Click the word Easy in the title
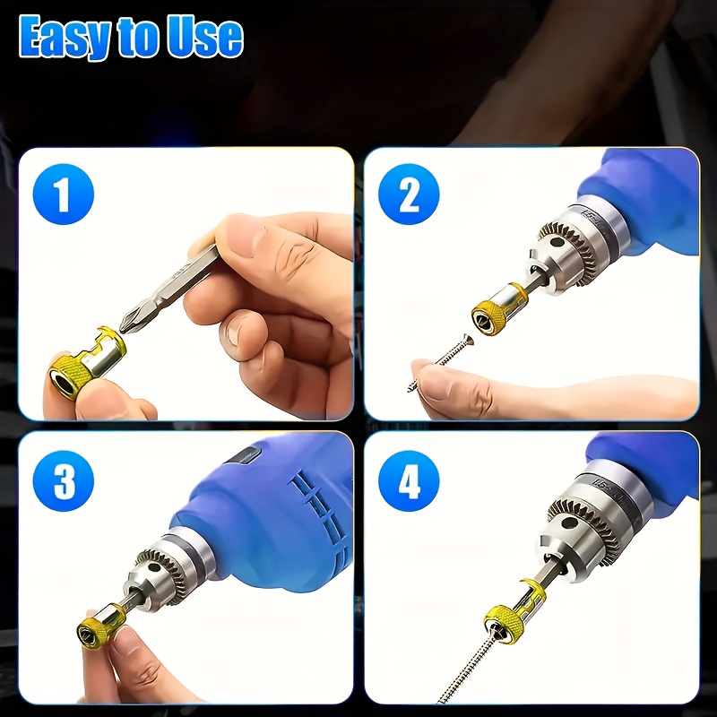pos(62,38)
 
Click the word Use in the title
pos(207,38)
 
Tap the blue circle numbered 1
pos(64,194)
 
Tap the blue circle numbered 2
pos(409,194)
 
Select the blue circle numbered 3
pos(64,483)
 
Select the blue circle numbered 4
pos(409,483)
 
